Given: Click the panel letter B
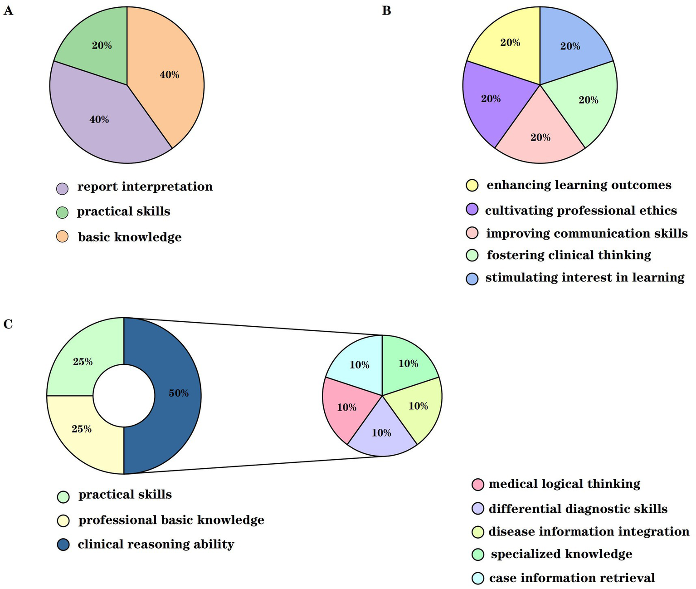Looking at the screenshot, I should click(x=386, y=10).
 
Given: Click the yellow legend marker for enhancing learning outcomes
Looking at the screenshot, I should click(x=472, y=185).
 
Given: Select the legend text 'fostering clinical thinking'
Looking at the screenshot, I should click(x=569, y=255).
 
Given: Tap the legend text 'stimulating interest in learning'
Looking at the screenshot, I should click(x=585, y=277).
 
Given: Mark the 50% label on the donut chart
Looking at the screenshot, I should click(x=179, y=393).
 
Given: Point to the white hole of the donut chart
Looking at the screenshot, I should click(x=124, y=396).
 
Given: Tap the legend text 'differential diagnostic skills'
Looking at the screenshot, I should click(x=578, y=509).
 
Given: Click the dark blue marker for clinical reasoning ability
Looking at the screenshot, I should click(x=63, y=545).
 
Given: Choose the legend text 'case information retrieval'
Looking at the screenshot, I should click(x=572, y=578).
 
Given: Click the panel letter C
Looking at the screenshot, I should click(x=8, y=324).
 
